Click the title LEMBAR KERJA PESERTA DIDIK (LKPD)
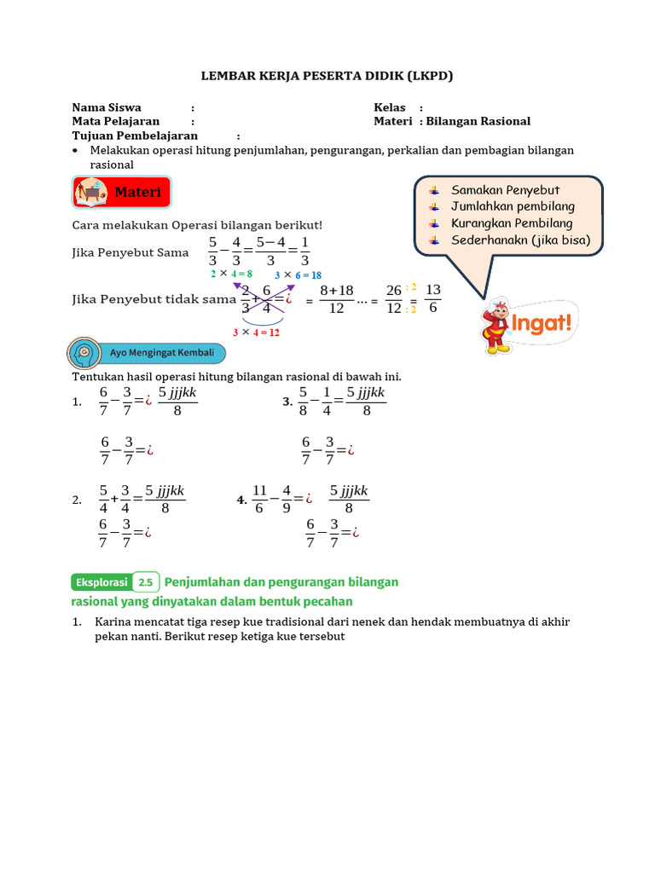[327, 76]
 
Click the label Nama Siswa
[107, 107]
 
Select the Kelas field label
[390, 107]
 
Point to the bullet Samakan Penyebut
[505, 190]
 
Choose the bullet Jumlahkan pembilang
[513, 206]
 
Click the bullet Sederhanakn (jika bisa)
[520, 240]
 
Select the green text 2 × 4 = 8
[231, 274]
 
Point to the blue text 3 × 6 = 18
[298, 275]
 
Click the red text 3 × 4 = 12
[256, 332]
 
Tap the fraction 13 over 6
[432, 298]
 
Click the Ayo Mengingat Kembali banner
[147, 352]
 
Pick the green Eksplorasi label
[100, 582]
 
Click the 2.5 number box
[146, 582]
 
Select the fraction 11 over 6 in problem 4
[260, 500]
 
